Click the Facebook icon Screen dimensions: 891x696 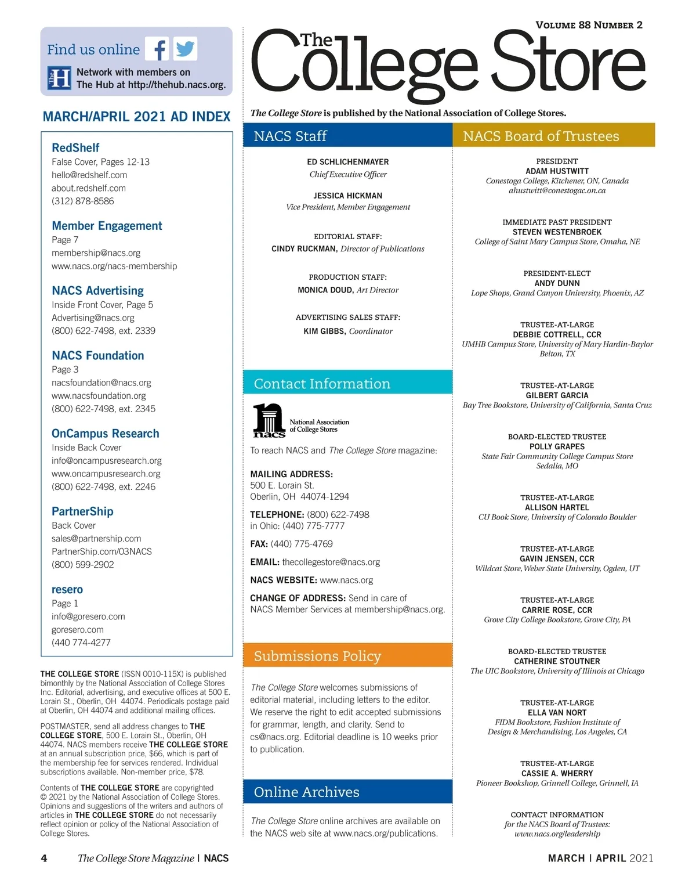157,49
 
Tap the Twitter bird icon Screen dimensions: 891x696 185,49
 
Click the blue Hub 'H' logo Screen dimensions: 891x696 59,78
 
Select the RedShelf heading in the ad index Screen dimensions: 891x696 75,148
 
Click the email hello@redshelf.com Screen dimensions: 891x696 89,175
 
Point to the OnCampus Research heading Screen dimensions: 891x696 105,434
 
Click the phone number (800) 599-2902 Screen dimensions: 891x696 82,564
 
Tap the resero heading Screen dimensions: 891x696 67,590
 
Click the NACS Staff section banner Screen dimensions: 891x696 347,136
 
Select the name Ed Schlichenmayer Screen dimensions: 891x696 348,162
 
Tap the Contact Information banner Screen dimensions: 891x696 347,384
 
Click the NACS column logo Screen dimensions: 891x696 269,420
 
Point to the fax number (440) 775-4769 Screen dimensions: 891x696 302,544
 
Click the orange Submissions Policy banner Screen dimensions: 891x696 347,656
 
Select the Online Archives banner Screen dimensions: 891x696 347,792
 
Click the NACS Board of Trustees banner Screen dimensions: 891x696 553,136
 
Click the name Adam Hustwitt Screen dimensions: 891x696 557,171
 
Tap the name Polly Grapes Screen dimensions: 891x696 557,447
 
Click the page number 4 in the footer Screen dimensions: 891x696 44,858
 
